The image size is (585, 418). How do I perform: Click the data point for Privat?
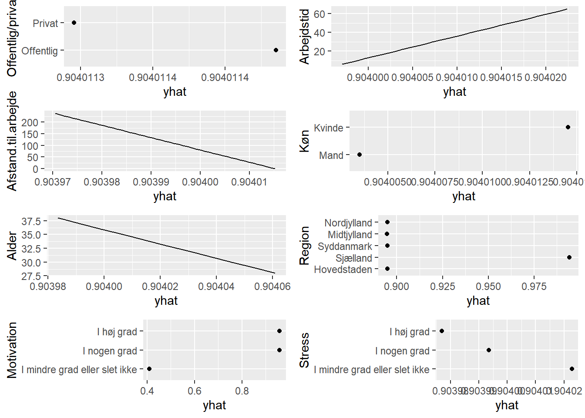pos(74,23)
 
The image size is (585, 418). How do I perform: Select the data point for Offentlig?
pos(276,50)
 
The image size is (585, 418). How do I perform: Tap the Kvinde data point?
pos(568,127)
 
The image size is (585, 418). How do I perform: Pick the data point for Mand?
pos(360,155)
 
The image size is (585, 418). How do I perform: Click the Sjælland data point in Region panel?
pos(569,257)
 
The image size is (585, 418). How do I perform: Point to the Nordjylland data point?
pos(387,222)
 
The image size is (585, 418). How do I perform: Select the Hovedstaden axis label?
pos(343,270)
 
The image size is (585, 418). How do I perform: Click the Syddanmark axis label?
pos(345,246)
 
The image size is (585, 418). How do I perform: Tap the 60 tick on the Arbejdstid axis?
pos(319,14)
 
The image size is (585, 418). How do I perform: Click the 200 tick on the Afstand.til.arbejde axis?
pos(30,122)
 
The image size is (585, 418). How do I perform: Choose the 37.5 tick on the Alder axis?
pos(31,221)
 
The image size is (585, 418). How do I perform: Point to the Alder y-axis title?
pos(12,246)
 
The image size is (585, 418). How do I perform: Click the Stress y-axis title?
pos(304,350)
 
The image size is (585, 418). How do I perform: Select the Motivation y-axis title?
pos(12,350)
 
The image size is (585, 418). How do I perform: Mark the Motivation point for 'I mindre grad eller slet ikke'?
pos(149,369)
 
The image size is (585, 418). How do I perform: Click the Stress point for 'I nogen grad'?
pos(489,350)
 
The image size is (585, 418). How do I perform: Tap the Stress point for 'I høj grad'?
pos(442,331)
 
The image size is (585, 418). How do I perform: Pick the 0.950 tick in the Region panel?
pos(488,287)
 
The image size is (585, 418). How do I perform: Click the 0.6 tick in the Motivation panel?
pos(195,391)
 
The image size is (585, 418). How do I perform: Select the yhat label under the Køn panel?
pos(464,196)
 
